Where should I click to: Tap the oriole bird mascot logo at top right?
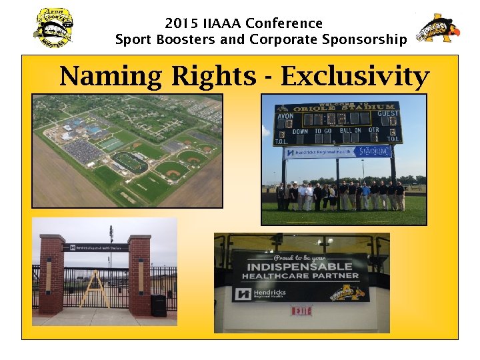pos(438,29)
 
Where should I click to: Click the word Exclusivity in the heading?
pos(354,76)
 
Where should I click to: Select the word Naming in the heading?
pos(110,76)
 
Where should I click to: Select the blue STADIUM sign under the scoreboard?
pos(372,151)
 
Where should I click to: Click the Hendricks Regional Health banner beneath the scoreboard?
pos(317,153)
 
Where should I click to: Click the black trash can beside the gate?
pos(159,305)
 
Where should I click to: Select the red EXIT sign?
pos(301,311)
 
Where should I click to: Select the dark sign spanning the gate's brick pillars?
pos(95,247)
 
